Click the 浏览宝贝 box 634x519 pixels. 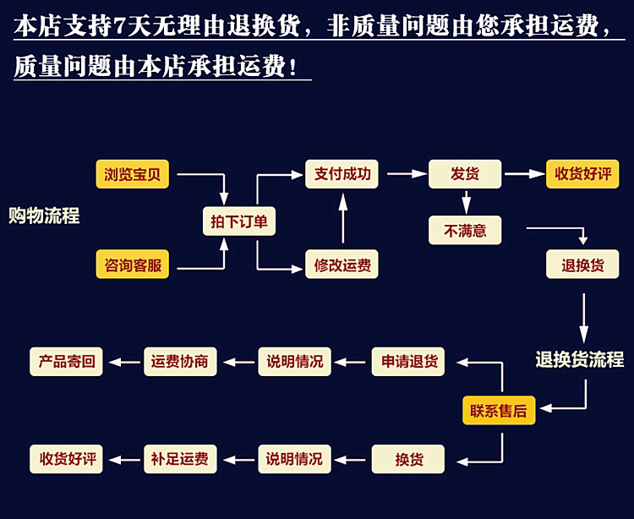tap(132, 175)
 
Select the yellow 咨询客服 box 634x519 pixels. tap(132, 265)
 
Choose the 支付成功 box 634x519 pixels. tap(342, 174)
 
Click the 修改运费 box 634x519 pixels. tap(342, 265)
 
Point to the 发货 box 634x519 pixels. tap(464, 174)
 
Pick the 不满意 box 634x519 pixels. tap(465, 230)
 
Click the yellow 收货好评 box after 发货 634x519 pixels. tap(582, 174)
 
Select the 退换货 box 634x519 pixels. tap(582, 265)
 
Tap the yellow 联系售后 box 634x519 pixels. tap(498, 411)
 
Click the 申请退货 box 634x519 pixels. tap(408, 362)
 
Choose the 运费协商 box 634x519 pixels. tap(179, 362)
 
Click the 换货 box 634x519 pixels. tap(408, 459)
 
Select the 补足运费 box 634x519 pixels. tap(179, 459)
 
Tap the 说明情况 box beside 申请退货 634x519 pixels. tap(294, 362)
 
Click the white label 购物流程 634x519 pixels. tap(44, 216)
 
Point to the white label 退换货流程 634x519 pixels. tap(579, 360)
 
